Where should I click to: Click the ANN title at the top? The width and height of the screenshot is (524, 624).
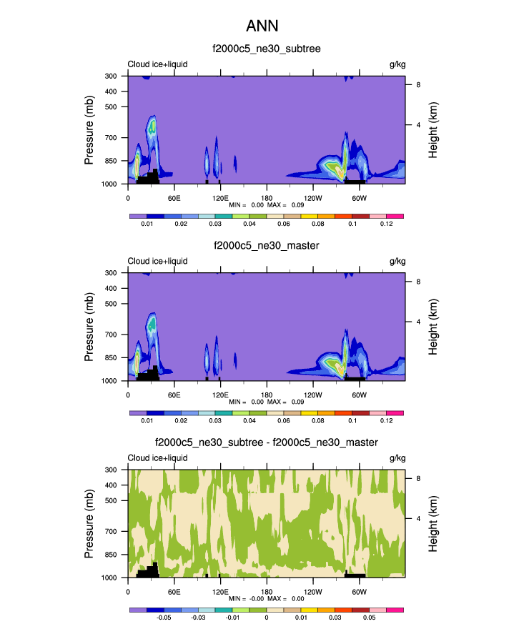[x=262, y=26]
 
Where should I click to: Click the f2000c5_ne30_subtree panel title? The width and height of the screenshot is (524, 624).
[x=267, y=49]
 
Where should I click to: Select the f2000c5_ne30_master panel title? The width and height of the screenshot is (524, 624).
[x=267, y=246]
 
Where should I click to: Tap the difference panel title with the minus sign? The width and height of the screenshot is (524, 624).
[x=267, y=443]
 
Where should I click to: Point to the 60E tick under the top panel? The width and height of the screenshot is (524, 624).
[x=174, y=197]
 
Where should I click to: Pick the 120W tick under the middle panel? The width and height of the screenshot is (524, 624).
[x=312, y=395]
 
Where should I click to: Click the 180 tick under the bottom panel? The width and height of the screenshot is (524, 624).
[x=267, y=591]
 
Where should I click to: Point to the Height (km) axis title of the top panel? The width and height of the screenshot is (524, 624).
[x=433, y=129]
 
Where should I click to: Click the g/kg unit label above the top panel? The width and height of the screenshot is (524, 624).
[x=397, y=64]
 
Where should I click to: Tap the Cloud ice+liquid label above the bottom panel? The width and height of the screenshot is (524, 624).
[x=157, y=458]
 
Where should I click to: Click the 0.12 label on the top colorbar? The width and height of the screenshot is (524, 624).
[x=387, y=224]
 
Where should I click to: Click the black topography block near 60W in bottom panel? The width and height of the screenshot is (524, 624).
[x=355, y=574]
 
